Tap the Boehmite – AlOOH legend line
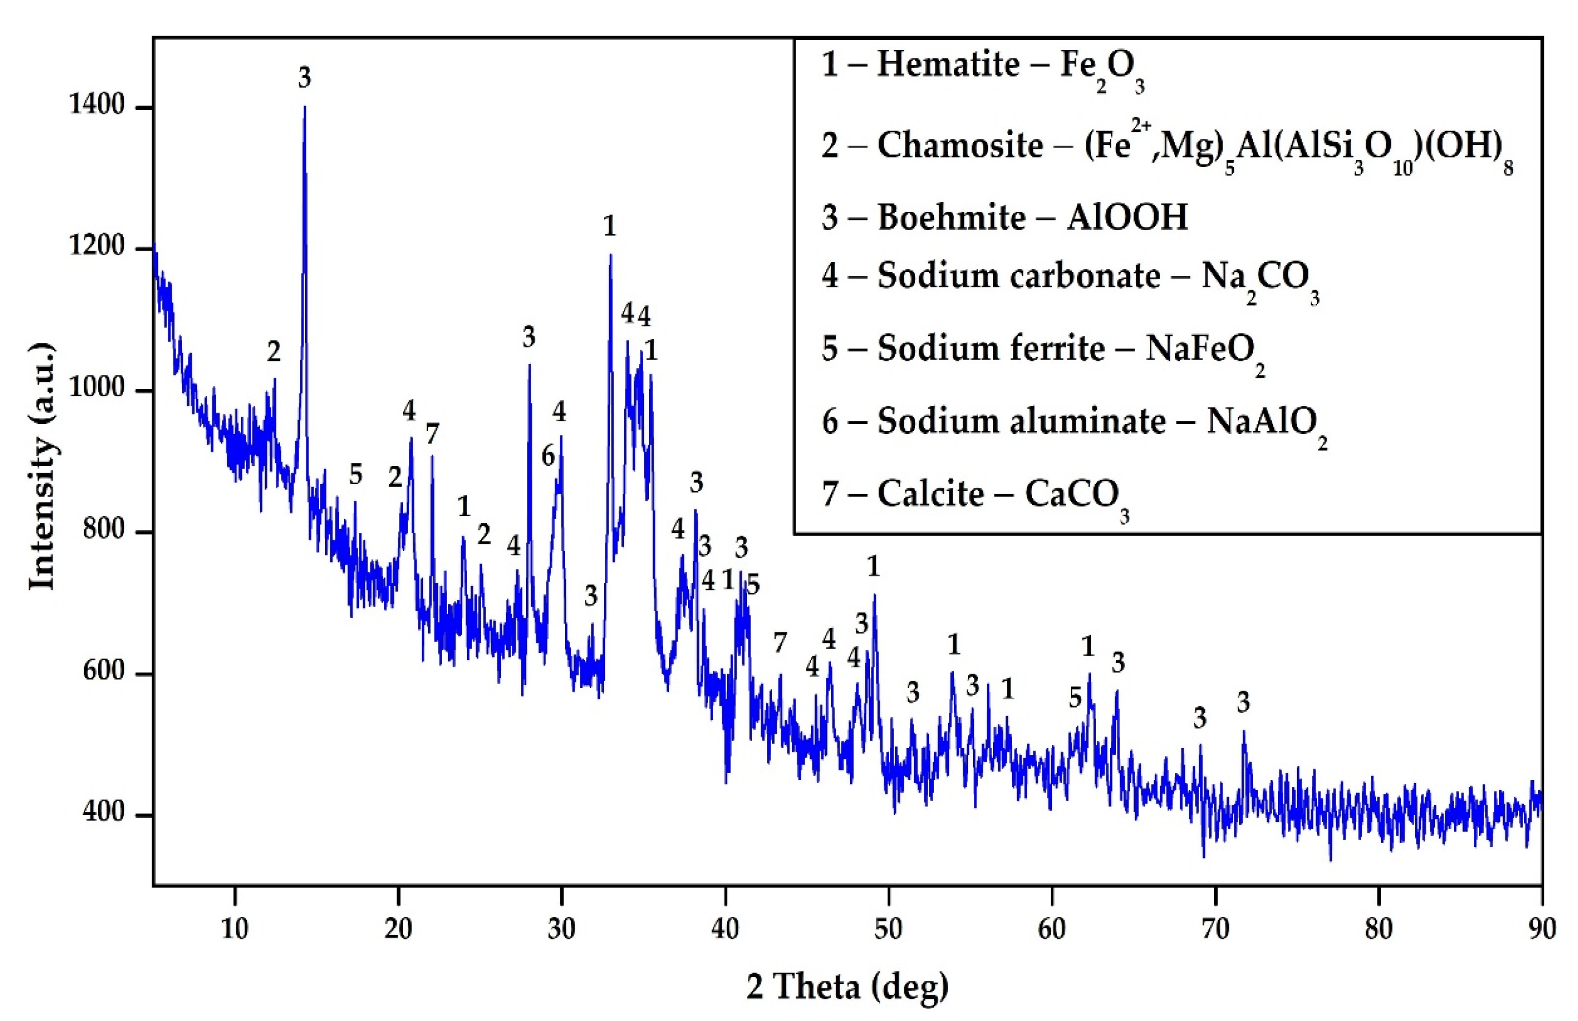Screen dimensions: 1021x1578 coord(1004,217)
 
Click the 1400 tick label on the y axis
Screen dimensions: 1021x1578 coord(97,106)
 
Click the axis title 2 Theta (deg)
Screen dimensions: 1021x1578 coord(847,987)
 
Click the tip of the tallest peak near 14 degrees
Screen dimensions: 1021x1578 coord(304,108)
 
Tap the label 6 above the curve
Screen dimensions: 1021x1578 coord(548,456)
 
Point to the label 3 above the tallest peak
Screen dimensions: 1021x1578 coord(304,78)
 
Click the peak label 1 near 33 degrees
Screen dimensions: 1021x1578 coord(610,227)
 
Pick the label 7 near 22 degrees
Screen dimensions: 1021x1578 coord(432,435)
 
